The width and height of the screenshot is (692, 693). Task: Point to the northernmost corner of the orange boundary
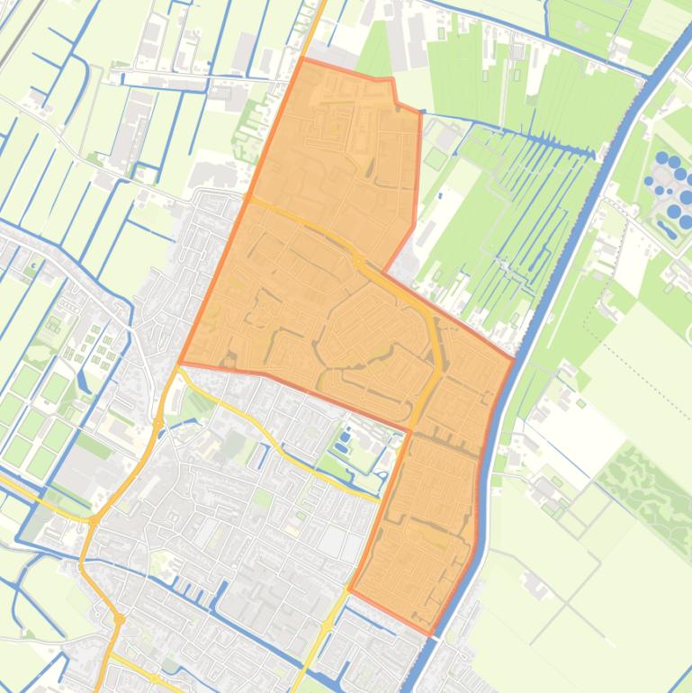302,59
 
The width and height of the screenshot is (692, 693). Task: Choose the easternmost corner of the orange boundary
514,360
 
